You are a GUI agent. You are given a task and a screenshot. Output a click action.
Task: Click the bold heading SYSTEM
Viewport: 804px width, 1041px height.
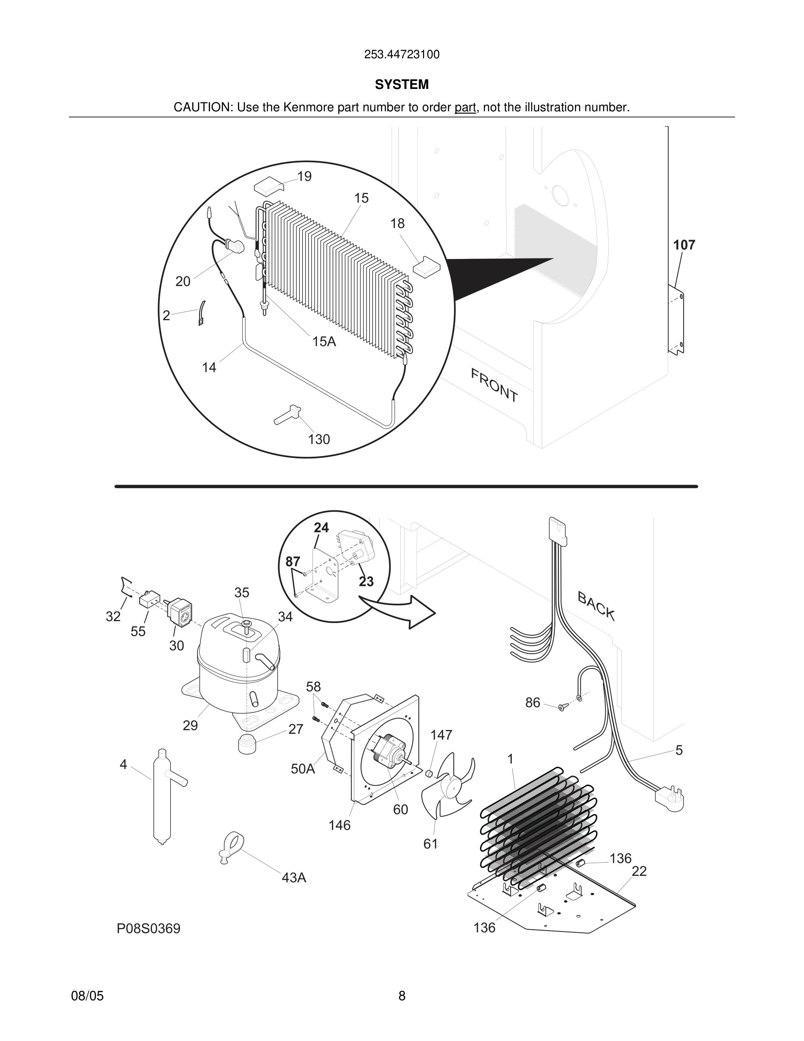pyautogui.click(x=402, y=85)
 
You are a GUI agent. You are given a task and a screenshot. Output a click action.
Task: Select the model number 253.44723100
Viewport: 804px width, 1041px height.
pyautogui.click(x=402, y=54)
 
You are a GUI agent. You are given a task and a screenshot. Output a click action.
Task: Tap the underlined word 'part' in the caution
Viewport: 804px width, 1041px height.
pyautogui.click(x=465, y=107)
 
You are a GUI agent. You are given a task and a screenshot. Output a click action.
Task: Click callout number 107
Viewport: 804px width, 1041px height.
pyautogui.click(x=684, y=245)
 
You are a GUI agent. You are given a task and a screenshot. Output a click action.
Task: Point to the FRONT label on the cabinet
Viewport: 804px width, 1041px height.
pyautogui.click(x=494, y=385)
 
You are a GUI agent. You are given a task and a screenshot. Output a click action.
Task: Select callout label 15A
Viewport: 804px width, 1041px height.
pyautogui.click(x=324, y=341)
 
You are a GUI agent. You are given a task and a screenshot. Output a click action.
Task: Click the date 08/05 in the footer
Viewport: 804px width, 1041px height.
pyautogui.click(x=87, y=996)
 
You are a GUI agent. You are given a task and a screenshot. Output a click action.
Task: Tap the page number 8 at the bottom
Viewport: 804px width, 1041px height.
pyautogui.click(x=402, y=996)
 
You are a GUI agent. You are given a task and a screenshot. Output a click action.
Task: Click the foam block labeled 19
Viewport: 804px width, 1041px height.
pyautogui.click(x=269, y=185)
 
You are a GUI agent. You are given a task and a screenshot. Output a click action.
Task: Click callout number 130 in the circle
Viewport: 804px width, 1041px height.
pyautogui.click(x=319, y=439)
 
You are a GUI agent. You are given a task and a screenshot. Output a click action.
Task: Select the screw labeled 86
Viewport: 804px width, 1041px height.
pyautogui.click(x=562, y=707)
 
